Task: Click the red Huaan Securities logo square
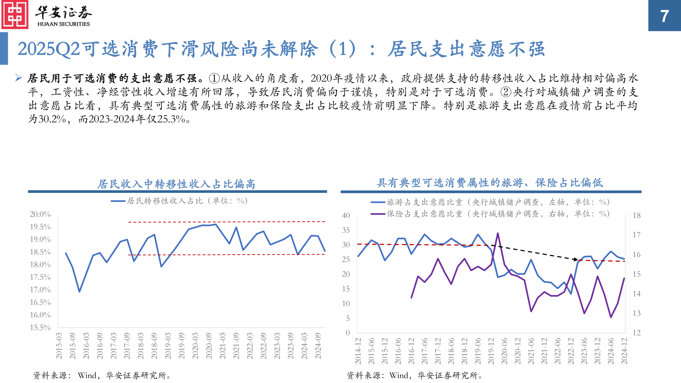click(15, 15)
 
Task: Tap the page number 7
click(664, 16)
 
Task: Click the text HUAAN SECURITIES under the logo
click(63, 24)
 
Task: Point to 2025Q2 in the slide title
click(49, 49)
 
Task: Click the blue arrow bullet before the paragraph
click(19, 78)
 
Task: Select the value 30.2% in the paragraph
click(52, 119)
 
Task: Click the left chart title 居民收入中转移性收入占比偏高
click(176, 184)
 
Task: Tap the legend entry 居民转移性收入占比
click(179, 201)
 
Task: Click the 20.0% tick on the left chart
click(40, 214)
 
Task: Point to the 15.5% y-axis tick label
click(40, 327)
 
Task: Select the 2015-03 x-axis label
click(59, 346)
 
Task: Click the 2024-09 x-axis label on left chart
click(318, 346)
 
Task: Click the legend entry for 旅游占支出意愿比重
click(490, 202)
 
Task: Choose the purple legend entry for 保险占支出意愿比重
click(490, 214)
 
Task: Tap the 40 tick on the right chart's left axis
click(345, 215)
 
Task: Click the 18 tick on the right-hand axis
click(637, 215)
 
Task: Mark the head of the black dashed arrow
click(577, 260)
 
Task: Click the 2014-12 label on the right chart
click(358, 351)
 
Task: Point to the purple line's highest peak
click(498, 233)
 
